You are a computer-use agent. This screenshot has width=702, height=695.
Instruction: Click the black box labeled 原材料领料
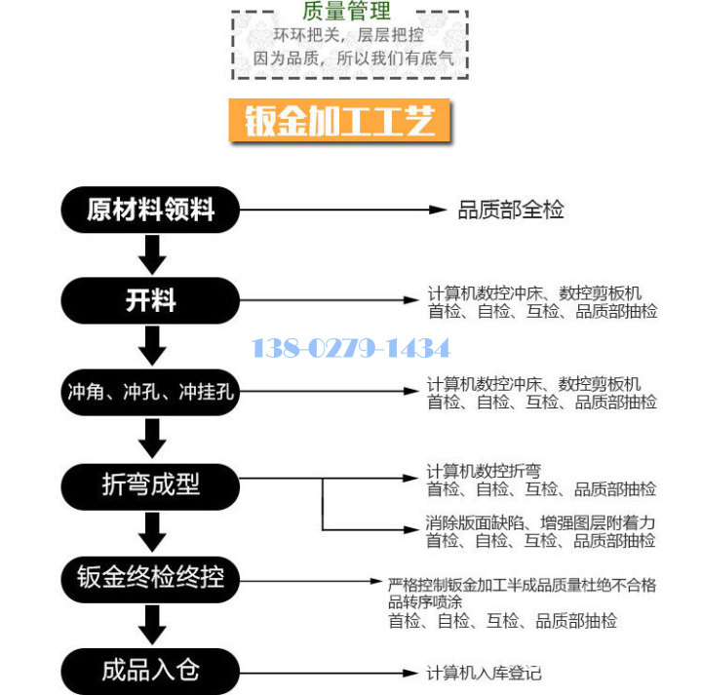[150, 210]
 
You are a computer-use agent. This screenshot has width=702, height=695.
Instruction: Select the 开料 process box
[150, 300]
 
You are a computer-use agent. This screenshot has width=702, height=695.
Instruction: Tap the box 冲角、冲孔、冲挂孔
[150, 393]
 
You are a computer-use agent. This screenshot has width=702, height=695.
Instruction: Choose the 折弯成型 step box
[150, 484]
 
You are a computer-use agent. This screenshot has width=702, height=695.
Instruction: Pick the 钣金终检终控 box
[150, 577]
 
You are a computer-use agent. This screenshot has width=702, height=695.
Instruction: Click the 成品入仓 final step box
[150, 670]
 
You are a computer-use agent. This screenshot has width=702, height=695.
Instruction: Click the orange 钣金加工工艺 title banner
[339, 121]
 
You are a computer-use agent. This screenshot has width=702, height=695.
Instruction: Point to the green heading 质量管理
[347, 12]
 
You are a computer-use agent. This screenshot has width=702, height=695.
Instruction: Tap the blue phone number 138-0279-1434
[351, 348]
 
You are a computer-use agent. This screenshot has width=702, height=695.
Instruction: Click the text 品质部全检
[511, 210]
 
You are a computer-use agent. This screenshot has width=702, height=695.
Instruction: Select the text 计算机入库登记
[484, 674]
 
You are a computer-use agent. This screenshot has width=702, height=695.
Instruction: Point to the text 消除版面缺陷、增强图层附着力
[540, 522]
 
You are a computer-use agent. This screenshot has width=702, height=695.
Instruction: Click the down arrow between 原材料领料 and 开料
[151, 255]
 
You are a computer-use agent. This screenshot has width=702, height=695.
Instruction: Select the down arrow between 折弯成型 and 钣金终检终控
[151, 531]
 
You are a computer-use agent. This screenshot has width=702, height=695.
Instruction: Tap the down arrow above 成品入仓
[151, 624]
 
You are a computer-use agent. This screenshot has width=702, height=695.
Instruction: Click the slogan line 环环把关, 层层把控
[347, 35]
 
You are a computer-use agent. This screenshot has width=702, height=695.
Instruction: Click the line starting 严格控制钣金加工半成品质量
[522, 585]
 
